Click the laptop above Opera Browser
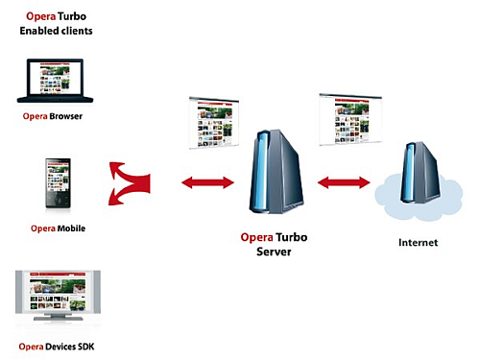(x=56, y=82)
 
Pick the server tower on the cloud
(x=420, y=172)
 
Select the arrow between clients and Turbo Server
(x=207, y=180)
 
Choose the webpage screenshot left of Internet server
(x=351, y=119)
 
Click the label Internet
(x=418, y=243)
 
